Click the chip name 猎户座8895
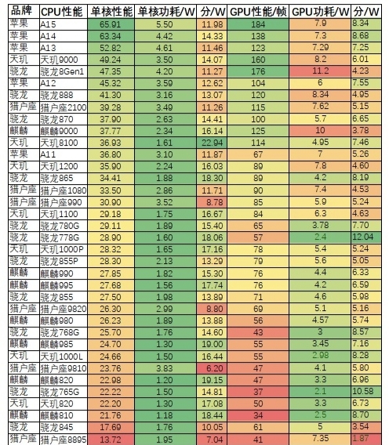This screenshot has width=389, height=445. pyautogui.click(x=63, y=439)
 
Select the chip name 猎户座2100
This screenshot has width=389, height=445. pyautogui.click(x=63, y=107)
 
